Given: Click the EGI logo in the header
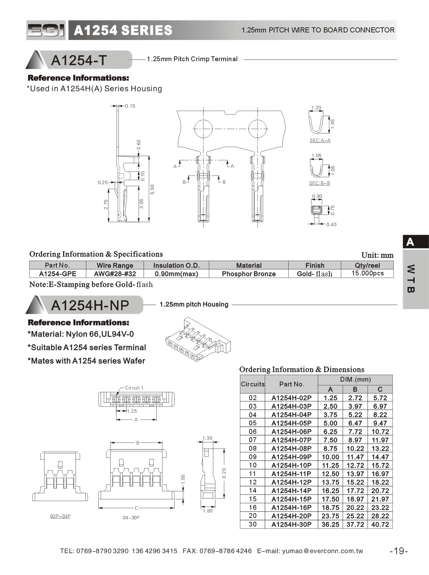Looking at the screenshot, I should point(46,30).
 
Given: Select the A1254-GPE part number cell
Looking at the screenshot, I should point(57,274).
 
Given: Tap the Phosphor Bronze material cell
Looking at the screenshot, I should point(248,274).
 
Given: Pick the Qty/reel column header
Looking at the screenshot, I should point(367,265).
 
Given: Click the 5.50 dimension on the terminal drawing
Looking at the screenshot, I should point(153,189).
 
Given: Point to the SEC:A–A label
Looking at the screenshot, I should point(320,140).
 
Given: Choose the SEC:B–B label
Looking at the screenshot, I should point(319,183).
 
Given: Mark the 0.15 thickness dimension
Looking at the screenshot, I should point(130,106).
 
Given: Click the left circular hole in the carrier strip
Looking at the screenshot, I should point(203,129).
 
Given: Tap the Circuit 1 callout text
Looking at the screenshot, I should point(134,388).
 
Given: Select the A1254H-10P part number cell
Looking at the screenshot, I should point(291,465).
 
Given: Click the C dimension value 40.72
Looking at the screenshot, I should point(380,524).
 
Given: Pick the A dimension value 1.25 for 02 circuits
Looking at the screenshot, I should point(330,398).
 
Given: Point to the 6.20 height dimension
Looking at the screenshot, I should point(224,473).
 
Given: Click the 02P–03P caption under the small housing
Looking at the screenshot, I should point(60,516).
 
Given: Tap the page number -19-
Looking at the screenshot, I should point(399,551).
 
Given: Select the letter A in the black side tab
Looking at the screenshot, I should point(410,242).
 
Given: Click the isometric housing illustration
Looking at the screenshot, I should point(197,340).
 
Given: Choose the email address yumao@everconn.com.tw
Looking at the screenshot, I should point(323,551).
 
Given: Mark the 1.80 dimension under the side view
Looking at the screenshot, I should point(208,511).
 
